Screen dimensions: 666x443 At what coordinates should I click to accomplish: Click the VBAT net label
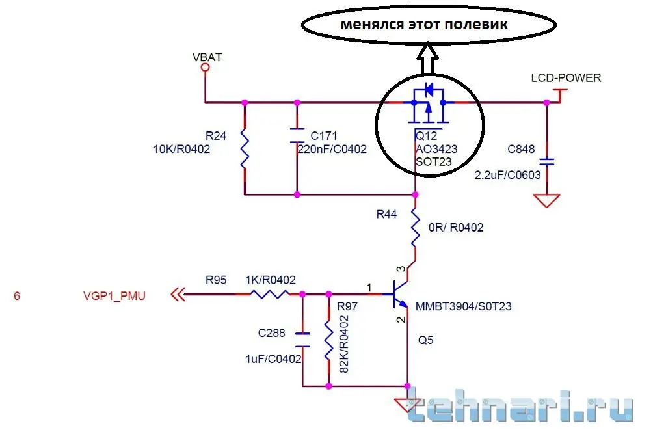(x=207, y=57)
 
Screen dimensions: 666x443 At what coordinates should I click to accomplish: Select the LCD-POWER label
(x=566, y=77)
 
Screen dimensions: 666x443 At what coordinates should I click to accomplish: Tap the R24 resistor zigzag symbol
(x=245, y=149)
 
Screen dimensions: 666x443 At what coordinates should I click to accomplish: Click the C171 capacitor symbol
(x=297, y=135)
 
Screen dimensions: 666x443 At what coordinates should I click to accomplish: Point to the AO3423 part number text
(x=436, y=149)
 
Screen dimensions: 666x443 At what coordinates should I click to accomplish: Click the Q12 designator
(x=426, y=136)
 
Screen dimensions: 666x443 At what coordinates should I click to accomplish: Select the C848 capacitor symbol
(x=546, y=161)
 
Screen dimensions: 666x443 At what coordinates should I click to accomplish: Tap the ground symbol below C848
(x=546, y=200)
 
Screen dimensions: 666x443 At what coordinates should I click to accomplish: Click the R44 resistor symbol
(x=415, y=230)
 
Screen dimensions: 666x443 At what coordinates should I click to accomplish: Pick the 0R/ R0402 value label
(x=456, y=228)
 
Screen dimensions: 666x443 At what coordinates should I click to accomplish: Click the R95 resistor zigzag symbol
(x=269, y=294)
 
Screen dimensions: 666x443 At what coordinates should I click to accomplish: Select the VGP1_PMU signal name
(x=114, y=295)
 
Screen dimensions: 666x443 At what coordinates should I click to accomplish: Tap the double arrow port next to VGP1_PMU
(x=178, y=294)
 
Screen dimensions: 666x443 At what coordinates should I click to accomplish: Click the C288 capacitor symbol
(x=302, y=340)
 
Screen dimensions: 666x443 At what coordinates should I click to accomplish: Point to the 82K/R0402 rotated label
(x=343, y=344)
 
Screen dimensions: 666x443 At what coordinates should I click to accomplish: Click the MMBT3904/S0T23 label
(x=463, y=306)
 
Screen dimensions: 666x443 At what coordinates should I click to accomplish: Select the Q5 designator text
(x=425, y=340)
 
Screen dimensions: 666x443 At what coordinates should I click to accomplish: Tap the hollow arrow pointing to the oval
(x=427, y=59)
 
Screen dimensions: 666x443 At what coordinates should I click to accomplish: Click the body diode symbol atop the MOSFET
(x=429, y=90)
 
